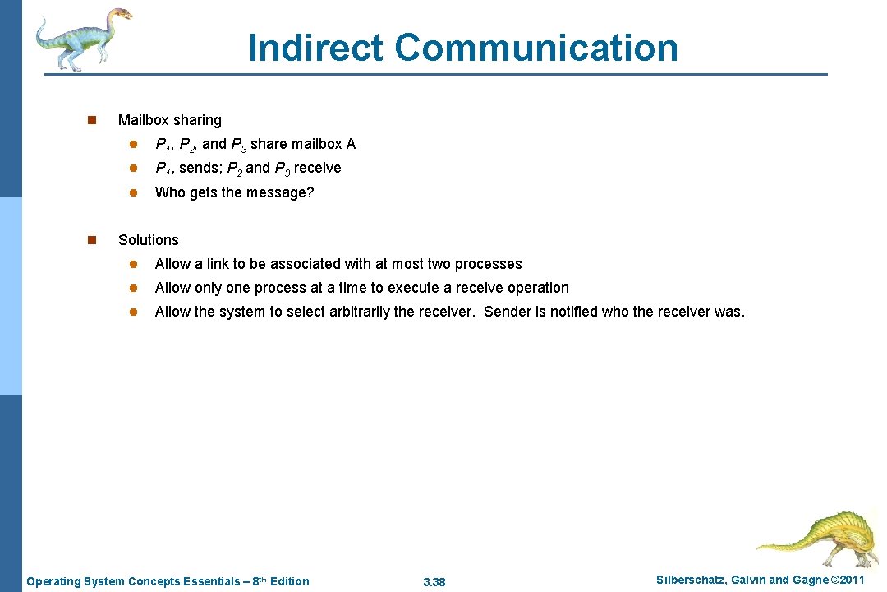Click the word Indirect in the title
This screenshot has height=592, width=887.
pos(315,48)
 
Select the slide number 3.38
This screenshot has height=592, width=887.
pos(434,582)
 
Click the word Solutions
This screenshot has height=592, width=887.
pos(148,240)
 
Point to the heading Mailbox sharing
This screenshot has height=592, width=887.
pos(169,120)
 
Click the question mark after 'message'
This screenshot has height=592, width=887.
pos(310,192)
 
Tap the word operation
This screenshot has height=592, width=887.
pos(537,288)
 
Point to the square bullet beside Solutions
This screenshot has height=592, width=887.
pos(92,240)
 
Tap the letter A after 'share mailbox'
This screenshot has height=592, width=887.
pos(351,144)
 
